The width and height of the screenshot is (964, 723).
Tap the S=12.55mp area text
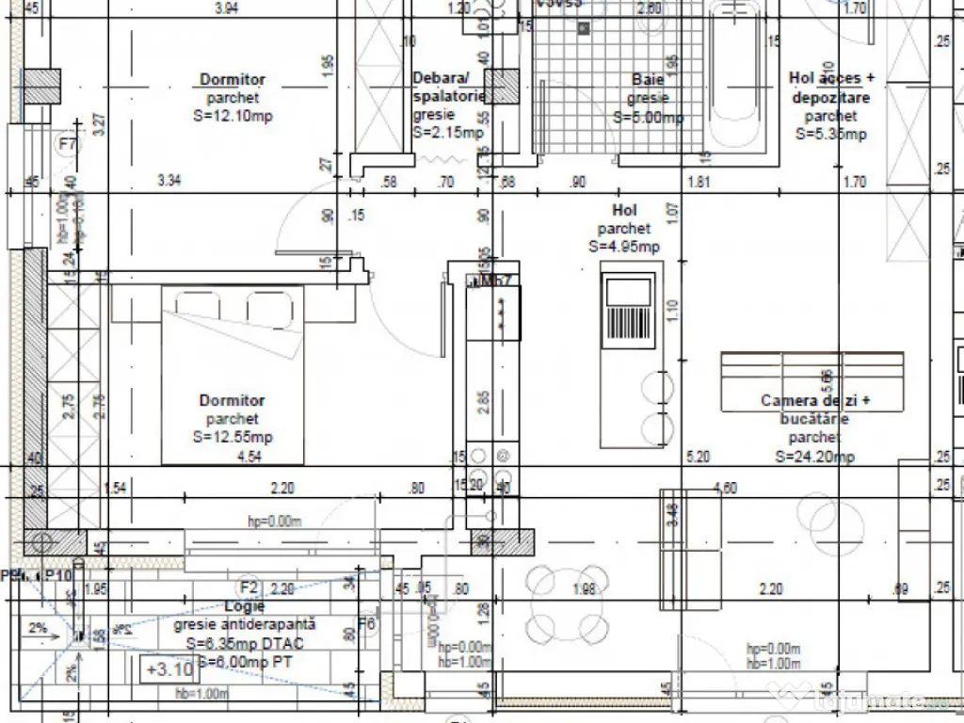point(233,437)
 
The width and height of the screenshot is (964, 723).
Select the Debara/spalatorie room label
point(449,87)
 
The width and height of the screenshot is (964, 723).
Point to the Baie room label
point(648,80)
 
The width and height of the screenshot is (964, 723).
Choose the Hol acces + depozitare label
point(831,88)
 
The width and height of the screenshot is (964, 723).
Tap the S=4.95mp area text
point(624,247)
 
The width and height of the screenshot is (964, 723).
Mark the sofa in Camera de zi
point(811,381)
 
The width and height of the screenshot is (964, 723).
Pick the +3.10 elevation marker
point(169,670)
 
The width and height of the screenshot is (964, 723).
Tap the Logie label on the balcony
point(244,606)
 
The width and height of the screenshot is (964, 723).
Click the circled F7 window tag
point(67,144)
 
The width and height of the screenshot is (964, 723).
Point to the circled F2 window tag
point(249,586)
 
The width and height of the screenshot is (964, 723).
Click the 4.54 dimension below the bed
point(249,458)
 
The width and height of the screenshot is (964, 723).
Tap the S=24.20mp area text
point(815,457)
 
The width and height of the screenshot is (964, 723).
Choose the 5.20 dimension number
point(698,457)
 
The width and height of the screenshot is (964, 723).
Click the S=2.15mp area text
point(448,133)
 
